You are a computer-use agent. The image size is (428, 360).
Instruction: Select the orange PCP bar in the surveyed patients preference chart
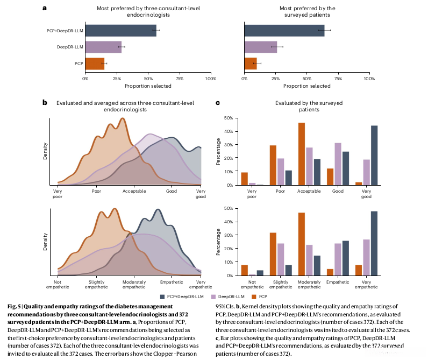pos(250,63)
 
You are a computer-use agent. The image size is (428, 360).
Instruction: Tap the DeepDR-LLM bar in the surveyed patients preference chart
pos(260,47)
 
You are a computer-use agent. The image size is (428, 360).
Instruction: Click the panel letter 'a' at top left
pos(44,8)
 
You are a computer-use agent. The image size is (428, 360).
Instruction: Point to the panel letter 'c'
pos(217,102)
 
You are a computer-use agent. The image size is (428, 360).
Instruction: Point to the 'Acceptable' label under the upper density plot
pos(134,191)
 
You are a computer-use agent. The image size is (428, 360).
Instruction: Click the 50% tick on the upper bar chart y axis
pos(228,118)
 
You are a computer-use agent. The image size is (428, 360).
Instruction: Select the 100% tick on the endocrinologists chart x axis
pos(211,79)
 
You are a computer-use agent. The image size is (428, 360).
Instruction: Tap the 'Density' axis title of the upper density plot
pos(45,151)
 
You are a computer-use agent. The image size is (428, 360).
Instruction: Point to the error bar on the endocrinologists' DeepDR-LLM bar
pos(122,47)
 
